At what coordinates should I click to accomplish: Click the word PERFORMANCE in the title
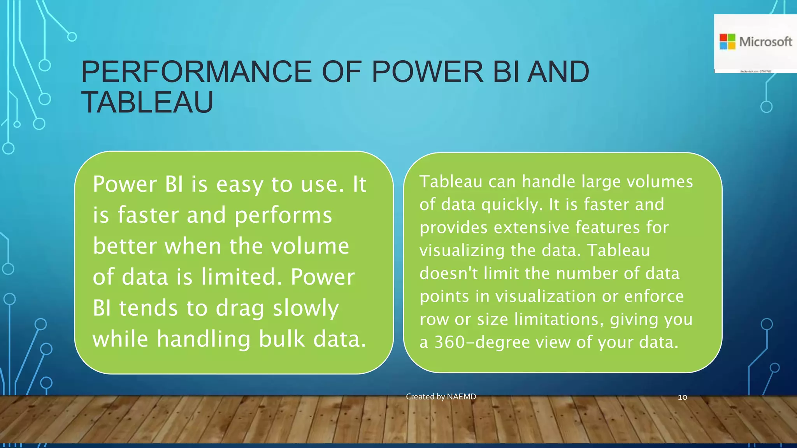tap(196, 72)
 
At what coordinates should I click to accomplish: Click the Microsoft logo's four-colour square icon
tap(727, 42)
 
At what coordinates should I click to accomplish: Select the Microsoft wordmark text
tap(765, 42)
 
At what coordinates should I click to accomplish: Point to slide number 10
tap(682, 397)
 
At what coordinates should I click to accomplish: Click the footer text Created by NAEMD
tap(441, 397)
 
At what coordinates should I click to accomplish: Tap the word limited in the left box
tap(241, 277)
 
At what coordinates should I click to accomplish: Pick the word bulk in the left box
tap(282, 339)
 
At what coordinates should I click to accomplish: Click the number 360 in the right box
tap(449, 342)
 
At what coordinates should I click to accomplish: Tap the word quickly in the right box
tap(512, 205)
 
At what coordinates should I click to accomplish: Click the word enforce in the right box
tap(654, 296)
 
